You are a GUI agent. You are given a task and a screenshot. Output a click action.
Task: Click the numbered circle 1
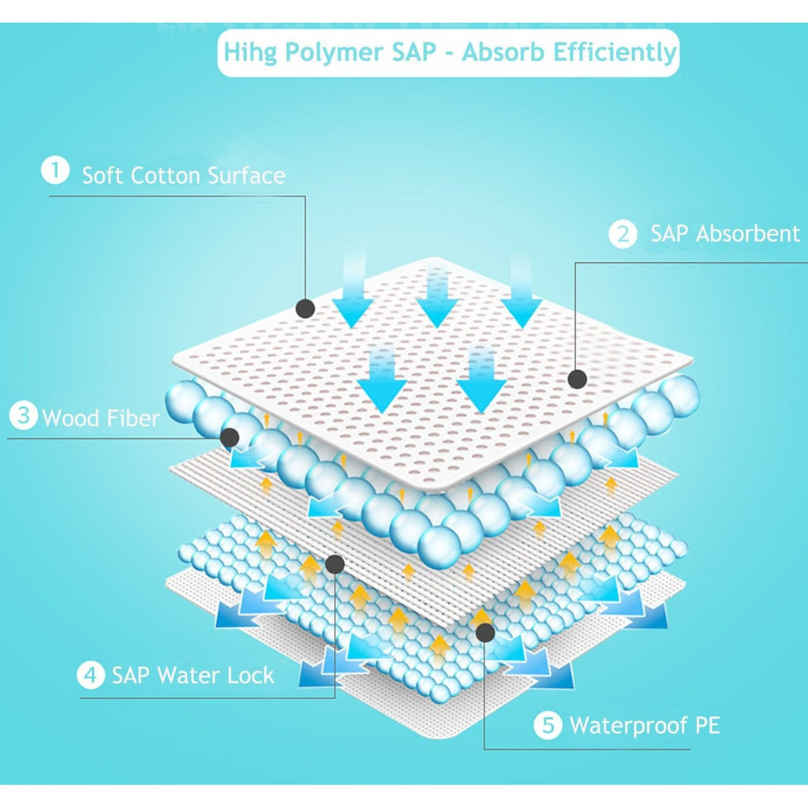click(55, 170)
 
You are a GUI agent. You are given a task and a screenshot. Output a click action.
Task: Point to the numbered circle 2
click(623, 234)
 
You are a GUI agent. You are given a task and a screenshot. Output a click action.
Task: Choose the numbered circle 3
click(23, 415)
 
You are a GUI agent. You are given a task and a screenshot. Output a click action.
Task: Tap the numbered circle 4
click(91, 675)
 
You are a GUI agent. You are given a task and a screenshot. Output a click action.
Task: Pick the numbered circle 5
click(548, 725)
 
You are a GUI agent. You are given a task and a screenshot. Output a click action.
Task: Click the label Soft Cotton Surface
click(183, 176)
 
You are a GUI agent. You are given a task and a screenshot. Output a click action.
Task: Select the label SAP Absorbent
click(725, 234)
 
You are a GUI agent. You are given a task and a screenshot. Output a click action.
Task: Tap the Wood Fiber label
click(101, 417)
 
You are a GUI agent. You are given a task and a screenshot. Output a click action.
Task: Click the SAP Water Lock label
click(193, 675)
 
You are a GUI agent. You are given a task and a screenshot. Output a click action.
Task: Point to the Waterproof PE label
click(645, 726)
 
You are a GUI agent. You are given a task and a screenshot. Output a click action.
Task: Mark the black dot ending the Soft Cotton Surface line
click(305, 309)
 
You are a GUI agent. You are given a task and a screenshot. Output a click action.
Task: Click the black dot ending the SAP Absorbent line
click(577, 380)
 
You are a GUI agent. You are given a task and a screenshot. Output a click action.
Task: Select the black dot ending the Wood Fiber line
click(230, 437)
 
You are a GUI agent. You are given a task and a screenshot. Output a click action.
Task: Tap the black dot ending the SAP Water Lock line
click(335, 564)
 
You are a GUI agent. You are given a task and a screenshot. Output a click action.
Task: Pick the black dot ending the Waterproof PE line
click(485, 632)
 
